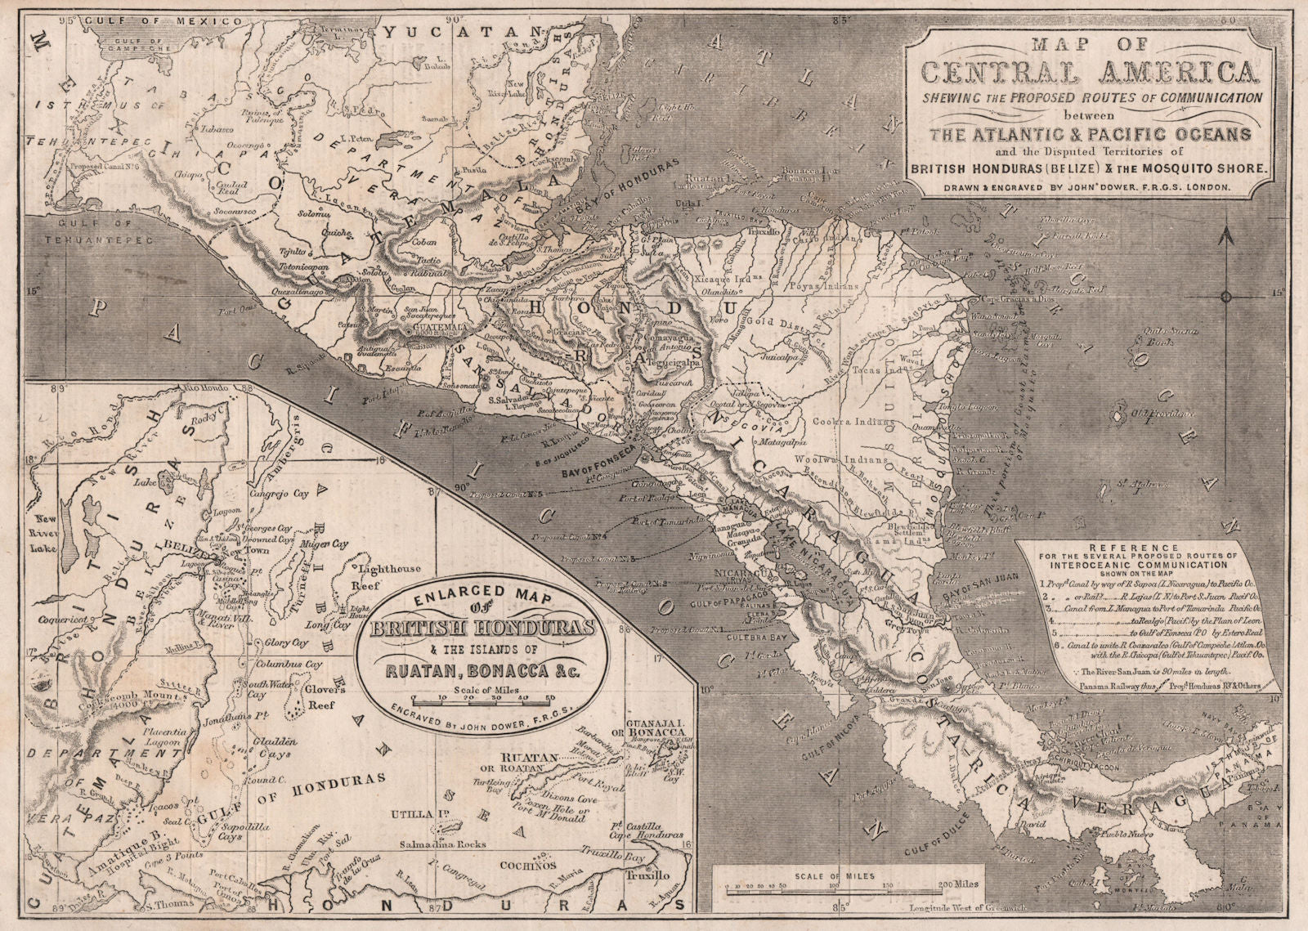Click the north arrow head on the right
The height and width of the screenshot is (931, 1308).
[1224, 238]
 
